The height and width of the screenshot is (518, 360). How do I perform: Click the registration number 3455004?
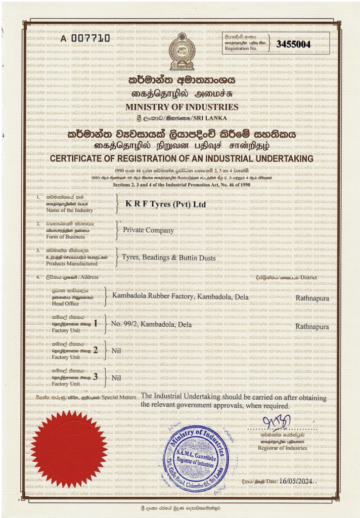tap(293, 44)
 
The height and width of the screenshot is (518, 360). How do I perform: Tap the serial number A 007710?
tap(85, 38)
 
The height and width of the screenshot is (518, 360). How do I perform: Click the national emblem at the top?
tap(181, 52)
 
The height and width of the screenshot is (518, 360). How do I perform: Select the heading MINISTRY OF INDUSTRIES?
tap(182, 107)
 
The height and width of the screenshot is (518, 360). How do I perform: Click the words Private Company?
tap(149, 230)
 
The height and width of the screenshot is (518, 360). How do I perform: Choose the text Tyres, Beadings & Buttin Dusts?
tap(169, 257)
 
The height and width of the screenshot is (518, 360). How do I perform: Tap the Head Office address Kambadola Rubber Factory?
tap(181, 296)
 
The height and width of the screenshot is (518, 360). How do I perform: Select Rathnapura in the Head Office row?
tap(312, 298)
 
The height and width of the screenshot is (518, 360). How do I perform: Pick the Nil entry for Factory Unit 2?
tap(116, 350)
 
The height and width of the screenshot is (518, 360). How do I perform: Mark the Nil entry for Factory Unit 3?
tap(116, 377)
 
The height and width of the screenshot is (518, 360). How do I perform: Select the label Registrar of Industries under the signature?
tap(282, 448)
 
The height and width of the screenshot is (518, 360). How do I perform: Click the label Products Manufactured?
tap(72, 264)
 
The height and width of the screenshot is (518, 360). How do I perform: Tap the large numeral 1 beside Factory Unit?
tap(96, 323)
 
